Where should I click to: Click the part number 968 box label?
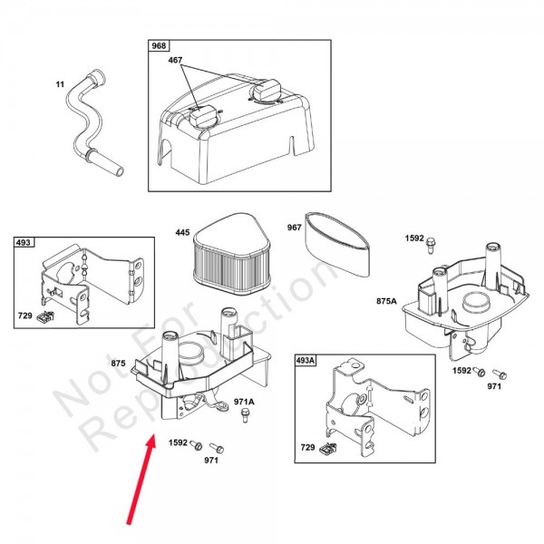(x=159, y=45)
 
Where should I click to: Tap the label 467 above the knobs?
(x=175, y=60)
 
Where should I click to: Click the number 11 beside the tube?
(x=60, y=84)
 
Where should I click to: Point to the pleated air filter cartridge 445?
(x=231, y=253)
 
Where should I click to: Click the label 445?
(x=182, y=232)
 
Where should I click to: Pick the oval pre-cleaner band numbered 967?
(x=336, y=245)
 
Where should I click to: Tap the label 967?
(x=294, y=228)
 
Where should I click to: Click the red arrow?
(x=141, y=481)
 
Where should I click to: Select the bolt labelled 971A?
(x=246, y=415)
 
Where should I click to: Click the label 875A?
(x=386, y=301)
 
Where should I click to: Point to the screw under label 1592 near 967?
(x=431, y=245)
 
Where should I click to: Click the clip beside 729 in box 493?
(x=45, y=316)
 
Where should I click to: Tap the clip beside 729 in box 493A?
(x=328, y=449)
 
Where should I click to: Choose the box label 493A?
(x=306, y=361)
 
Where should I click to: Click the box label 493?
(x=24, y=242)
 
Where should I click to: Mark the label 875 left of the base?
(x=118, y=364)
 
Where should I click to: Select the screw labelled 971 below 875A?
(x=500, y=374)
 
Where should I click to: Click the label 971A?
(x=244, y=402)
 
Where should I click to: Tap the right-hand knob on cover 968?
(x=266, y=89)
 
